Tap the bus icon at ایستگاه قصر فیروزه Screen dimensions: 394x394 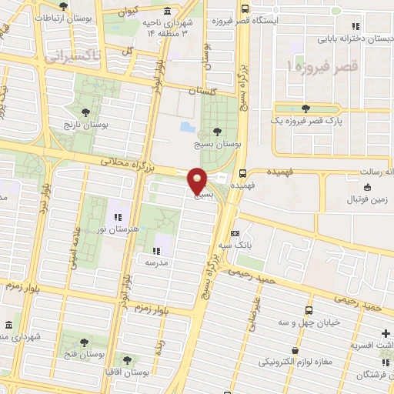click(x=244, y=9)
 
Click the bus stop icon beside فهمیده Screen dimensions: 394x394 click(x=243, y=173)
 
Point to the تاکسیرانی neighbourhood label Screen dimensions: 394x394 click(x=68, y=56)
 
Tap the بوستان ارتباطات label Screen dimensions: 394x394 click(x=62, y=17)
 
